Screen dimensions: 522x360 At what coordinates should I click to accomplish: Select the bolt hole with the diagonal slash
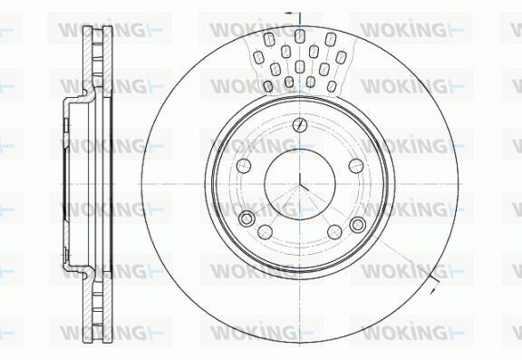click(x=300, y=125)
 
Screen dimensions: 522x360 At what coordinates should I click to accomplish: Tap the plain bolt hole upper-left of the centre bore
click(x=244, y=166)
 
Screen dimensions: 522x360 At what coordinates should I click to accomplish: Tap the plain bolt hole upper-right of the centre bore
click(x=356, y=166)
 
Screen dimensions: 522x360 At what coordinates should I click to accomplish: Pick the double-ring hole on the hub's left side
click(x=246, y=219)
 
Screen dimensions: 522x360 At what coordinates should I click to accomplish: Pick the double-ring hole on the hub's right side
click(x=358, y=225)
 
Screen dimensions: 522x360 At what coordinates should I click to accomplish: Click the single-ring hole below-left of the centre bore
click(x=265, y=232)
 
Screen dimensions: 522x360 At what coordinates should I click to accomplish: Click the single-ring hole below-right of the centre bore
click(x=334, y=232)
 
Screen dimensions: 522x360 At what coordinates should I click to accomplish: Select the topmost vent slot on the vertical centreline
click(x=300, y=35)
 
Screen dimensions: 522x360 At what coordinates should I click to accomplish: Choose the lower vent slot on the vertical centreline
click(x=300, y=66)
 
